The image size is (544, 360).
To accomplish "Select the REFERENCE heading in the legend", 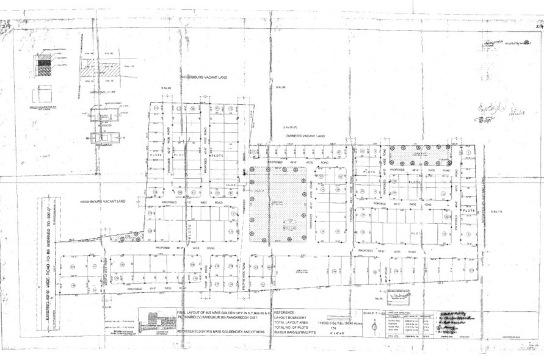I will click(x=292, y=311).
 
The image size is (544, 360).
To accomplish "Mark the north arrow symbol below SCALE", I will click(x=374, y=326).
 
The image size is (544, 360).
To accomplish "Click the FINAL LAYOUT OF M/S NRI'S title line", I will click(x=225, y=311).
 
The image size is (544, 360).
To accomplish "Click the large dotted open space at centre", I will click(x=278, y=203).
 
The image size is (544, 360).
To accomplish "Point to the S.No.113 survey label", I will click(x=496, y=211).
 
